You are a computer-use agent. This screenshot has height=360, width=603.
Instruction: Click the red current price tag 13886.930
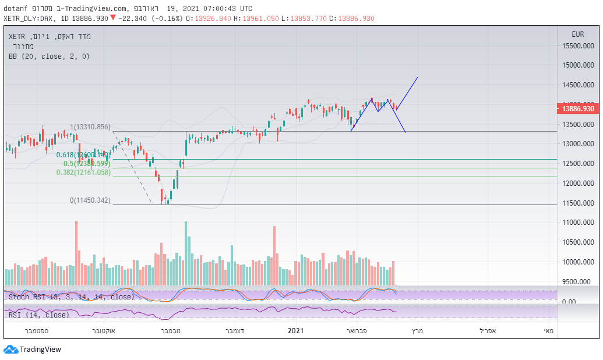pyautogui.click(x=578, y=108)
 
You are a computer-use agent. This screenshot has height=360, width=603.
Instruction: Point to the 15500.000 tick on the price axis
pyautogui.click(x=578, y=45)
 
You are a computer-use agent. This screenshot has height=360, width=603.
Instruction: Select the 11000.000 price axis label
pyautogui.click(x=578, y=223)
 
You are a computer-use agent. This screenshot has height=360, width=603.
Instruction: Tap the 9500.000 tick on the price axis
pyautogui.click(x=578, y=282)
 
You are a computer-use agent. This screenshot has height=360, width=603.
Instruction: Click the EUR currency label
pyautogui.click(x=578, y=34)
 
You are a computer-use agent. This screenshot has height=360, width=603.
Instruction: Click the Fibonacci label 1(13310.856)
pyautogui.click(x=90, y=127)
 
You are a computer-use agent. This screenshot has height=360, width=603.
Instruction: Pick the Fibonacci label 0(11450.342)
pyautogui.click(x=90, y=200)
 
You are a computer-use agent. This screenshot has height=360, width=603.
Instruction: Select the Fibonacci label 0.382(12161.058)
pyautogui.click(x=83, y=172)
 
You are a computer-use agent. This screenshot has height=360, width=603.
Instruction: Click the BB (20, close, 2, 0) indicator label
pyautogui.click(x=49, y=57)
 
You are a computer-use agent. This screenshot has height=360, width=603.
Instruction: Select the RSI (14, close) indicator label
pyautogui.click(x=39, y=315)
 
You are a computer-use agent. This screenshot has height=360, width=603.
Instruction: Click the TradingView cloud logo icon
pyautogui.click(x=10, y=350)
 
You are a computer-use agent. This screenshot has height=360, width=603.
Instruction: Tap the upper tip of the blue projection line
pyautogui.click(x=417, y=77)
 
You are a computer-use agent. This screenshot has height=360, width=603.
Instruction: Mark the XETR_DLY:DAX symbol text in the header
pyautogui.click(x=30, y=18)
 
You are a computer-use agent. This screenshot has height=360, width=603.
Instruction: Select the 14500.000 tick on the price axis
pyautogui.click(x=578, y=85)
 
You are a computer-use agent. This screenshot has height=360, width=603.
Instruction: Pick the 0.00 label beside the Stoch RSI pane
pyautogui.click(x=569, y=301)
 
